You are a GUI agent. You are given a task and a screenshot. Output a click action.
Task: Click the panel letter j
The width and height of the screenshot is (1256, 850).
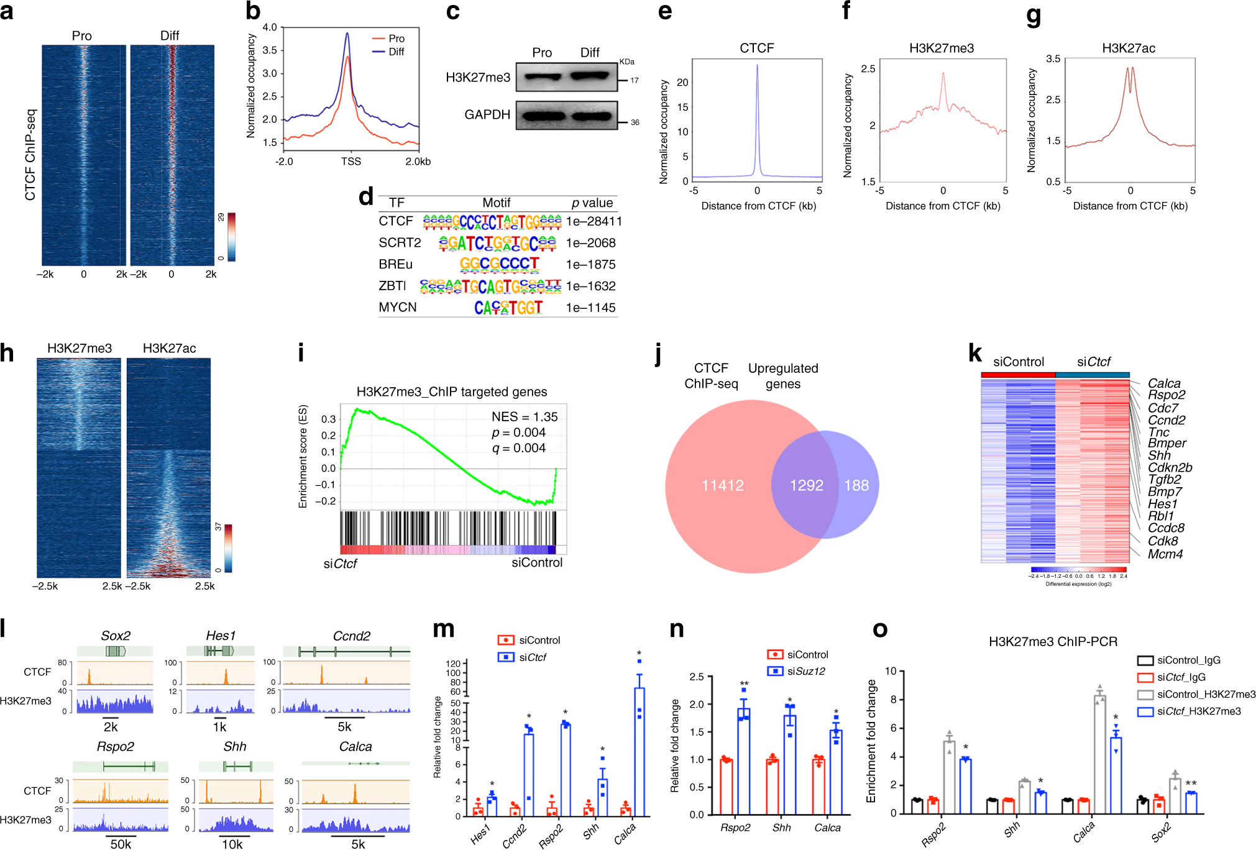(x=659, y=357)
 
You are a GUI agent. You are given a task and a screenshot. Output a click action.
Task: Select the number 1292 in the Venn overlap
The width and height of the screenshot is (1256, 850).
(x=806, y=485)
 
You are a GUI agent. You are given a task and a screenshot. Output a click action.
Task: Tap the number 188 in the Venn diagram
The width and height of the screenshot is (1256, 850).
(x=856, y=485)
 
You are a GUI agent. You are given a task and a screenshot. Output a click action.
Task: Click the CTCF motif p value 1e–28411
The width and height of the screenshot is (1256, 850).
(x=593, y=221)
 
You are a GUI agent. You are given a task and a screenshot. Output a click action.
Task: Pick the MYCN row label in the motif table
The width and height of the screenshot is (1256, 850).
(x=398, y=308)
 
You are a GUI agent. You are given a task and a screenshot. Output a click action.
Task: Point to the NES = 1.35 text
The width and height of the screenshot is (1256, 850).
(x=524, y=417)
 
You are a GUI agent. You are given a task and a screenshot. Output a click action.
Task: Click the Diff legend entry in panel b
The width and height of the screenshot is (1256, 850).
(x=396, y=52)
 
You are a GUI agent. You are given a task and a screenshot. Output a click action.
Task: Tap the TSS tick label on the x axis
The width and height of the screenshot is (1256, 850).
(x=351, y=162)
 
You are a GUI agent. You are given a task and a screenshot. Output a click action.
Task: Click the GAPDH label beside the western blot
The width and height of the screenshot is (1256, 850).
(x=487, y=115)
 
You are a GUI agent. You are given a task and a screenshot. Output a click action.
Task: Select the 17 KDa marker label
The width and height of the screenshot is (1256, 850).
(x=634, y=81)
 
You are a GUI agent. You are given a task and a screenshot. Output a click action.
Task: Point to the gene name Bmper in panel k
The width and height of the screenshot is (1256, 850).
(x=1167, y=444)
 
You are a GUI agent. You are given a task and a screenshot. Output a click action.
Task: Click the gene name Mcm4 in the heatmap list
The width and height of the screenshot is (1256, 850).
(x=1165, y=554)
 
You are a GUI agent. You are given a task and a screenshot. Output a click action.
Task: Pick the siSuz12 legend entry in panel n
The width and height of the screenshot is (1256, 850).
(x=805, y=672)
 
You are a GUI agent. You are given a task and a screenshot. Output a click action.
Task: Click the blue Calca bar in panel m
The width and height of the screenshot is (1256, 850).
(x=639, y=752)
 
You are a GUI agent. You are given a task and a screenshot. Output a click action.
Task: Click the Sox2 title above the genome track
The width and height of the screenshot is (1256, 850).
(x=116, y=636)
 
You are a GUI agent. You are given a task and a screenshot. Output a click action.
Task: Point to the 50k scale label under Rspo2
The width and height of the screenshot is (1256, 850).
(x=121, y=844)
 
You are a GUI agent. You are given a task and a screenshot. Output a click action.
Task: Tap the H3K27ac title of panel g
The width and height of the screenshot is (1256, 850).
(x=1128, y=48)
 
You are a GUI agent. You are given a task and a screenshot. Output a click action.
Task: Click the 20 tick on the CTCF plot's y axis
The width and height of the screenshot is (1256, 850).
(x=682, y=83)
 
